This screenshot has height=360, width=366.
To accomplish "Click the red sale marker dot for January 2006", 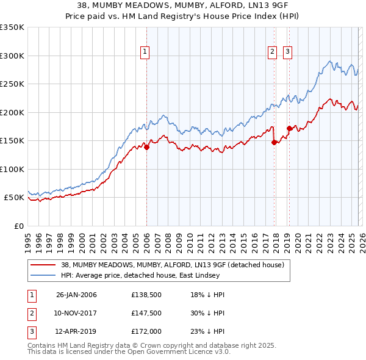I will click(146, 147).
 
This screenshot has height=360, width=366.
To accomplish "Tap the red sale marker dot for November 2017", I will click(274, 142).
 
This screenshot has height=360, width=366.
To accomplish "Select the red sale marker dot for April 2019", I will click(289, 129).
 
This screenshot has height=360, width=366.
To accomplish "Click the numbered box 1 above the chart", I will click(145, 52).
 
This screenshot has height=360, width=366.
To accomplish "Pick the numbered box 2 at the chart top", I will click(272, 52).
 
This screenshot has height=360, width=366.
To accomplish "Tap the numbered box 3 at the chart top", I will click(287, 52).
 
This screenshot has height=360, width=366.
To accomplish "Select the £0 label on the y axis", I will click(19, 226).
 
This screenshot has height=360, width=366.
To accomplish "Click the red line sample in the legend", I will click(44, 265).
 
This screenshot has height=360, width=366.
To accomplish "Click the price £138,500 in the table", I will click(145, 295).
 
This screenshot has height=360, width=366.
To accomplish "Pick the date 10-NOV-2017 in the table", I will click(76, 312).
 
